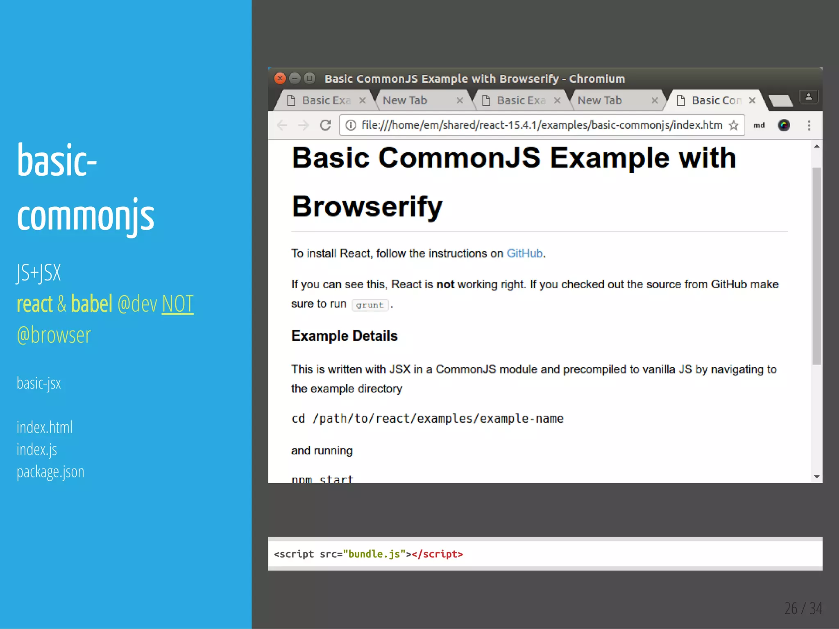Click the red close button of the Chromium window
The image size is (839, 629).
(280, 78)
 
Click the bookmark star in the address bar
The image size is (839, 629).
(734, 125)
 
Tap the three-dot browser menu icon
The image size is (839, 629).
(809, 125)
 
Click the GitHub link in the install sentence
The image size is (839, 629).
(524, 253)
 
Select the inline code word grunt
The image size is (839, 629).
(370, 305)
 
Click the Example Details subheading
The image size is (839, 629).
(344, 336)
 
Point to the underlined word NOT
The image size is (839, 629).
(177, 304)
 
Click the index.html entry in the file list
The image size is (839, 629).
(45, 427)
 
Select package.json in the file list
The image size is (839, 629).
(50, 472)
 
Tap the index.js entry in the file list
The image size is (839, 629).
(37, 450)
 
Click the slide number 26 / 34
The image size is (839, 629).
(803, 609)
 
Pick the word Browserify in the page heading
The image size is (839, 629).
(367, 206)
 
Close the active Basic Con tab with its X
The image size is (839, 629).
(752, 100)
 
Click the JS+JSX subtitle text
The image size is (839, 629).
(39, 273)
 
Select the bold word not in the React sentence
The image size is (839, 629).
(445, 284)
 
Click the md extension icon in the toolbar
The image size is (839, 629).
(759, 125)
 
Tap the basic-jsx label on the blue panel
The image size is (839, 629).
(39, 383)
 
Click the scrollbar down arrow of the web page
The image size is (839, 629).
(816, 477)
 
